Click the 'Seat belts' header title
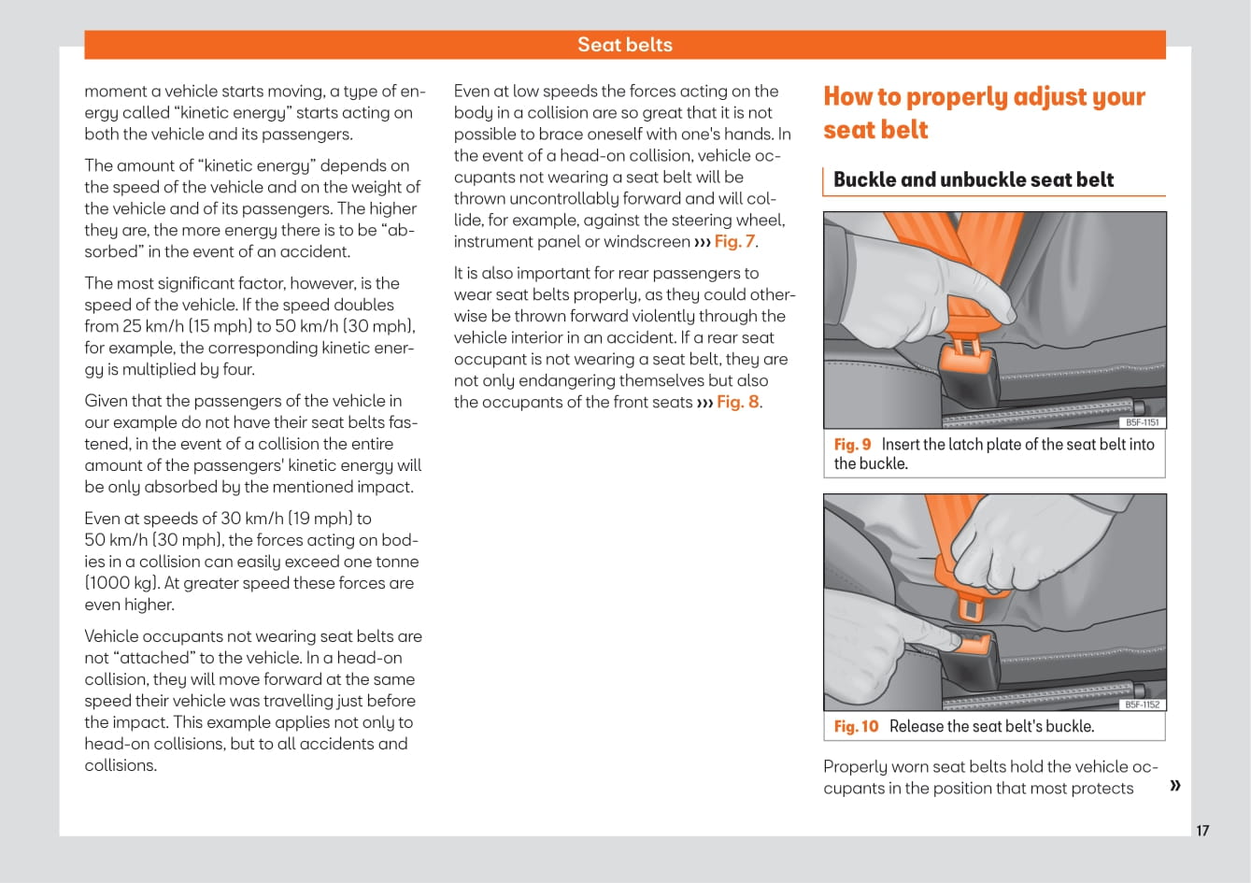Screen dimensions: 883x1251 point(624,45)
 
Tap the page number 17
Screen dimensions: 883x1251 point(1202,831)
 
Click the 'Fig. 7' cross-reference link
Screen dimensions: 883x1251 point(735,242)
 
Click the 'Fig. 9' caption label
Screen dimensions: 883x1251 point(852,445)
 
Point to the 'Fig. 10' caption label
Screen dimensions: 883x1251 point(856,727)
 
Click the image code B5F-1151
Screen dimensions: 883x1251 point(1142,422)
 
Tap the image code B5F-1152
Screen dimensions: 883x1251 point(1142,705)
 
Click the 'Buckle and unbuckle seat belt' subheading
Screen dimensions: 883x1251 point(973,179)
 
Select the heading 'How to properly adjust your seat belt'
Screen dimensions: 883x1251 point(983,113)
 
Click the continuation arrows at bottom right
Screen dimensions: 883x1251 point(1174,785)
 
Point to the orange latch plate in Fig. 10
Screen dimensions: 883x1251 point(970,605)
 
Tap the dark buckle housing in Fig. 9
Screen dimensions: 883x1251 point(972,378)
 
